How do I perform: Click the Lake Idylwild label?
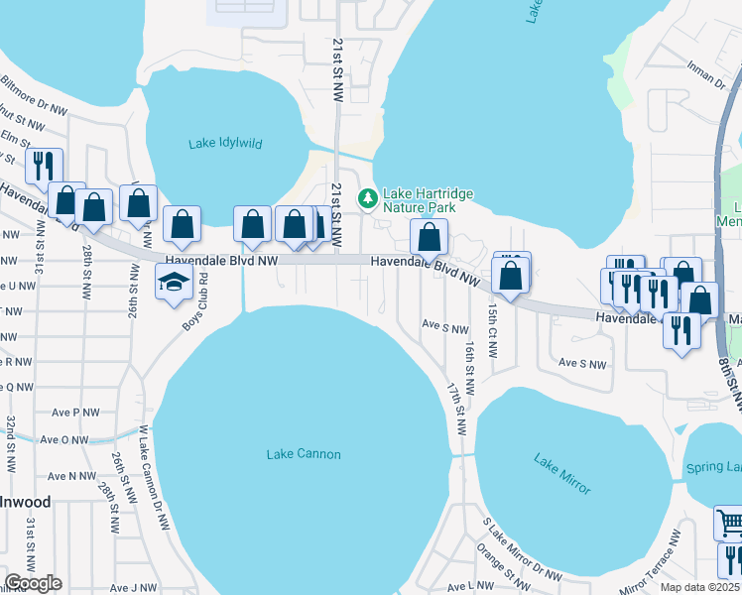coord(225,143)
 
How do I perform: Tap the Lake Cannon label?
coord(304,454)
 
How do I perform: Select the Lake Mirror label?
coord(561,475)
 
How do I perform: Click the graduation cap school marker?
coord(174,283)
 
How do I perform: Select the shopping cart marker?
coord(729,522)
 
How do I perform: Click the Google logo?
coord(33,583)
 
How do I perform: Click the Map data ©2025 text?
coord(700,587)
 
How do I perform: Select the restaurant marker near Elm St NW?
coord(44,166)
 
